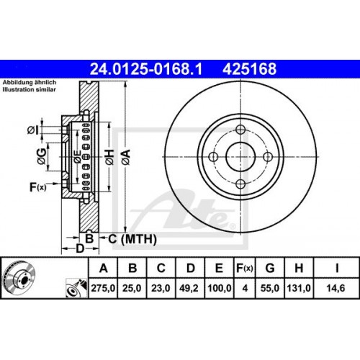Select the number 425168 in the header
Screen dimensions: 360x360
coord(251,70)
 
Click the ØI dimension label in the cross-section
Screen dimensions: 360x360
coord(33,130)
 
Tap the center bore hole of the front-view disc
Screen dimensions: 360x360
coord(240,157)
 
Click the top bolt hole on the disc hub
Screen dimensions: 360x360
coord(240,130)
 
